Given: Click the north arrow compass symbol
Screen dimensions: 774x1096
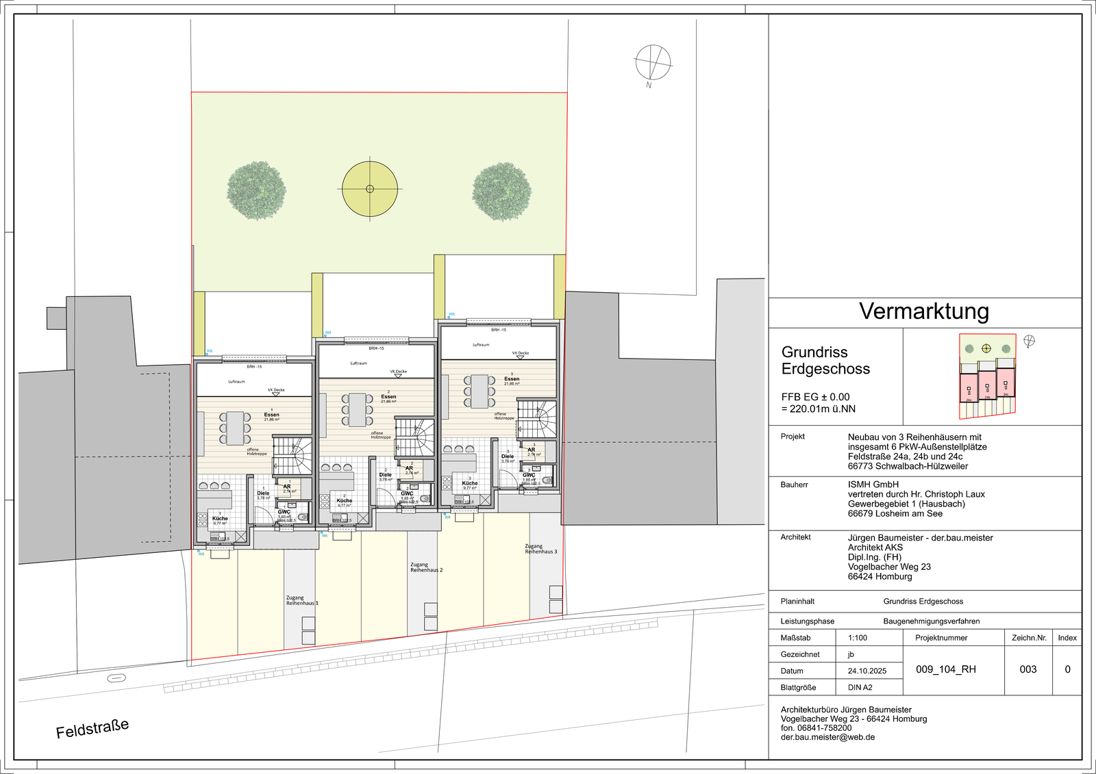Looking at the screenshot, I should click(653, 63).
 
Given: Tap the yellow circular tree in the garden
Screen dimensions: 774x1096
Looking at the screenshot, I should click(370, 189).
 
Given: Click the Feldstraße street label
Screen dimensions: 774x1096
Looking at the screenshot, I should click(92, 728).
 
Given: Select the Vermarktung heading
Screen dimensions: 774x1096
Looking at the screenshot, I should click(924, 311).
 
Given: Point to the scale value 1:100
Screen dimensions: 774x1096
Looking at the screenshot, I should click(858, 638).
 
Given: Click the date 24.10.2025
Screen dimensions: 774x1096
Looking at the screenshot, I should click(867, 671).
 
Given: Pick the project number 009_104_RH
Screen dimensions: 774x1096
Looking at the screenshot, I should click(946, 669).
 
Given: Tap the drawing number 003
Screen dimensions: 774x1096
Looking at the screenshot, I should click(1028, 669).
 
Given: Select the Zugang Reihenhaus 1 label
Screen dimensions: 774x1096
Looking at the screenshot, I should click(301, 600).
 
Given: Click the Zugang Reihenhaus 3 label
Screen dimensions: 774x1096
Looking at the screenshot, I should click(541, 549).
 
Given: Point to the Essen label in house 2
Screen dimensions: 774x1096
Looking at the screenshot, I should click(388, 397).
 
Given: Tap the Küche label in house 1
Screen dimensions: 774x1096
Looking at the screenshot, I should click(220, 519).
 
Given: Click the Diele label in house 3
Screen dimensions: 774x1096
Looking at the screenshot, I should click(508, 456).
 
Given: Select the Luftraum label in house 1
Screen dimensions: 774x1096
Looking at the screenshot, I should click(236, 382).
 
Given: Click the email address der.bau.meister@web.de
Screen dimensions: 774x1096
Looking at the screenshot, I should click(827, 738).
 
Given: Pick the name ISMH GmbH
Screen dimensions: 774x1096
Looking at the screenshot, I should click(873, 485).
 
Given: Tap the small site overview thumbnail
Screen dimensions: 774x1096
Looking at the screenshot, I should click(987, 376).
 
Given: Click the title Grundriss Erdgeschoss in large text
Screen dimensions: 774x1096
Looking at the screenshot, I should click(825, 361).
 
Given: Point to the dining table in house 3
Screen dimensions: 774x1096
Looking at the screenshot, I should click(480, 391).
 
